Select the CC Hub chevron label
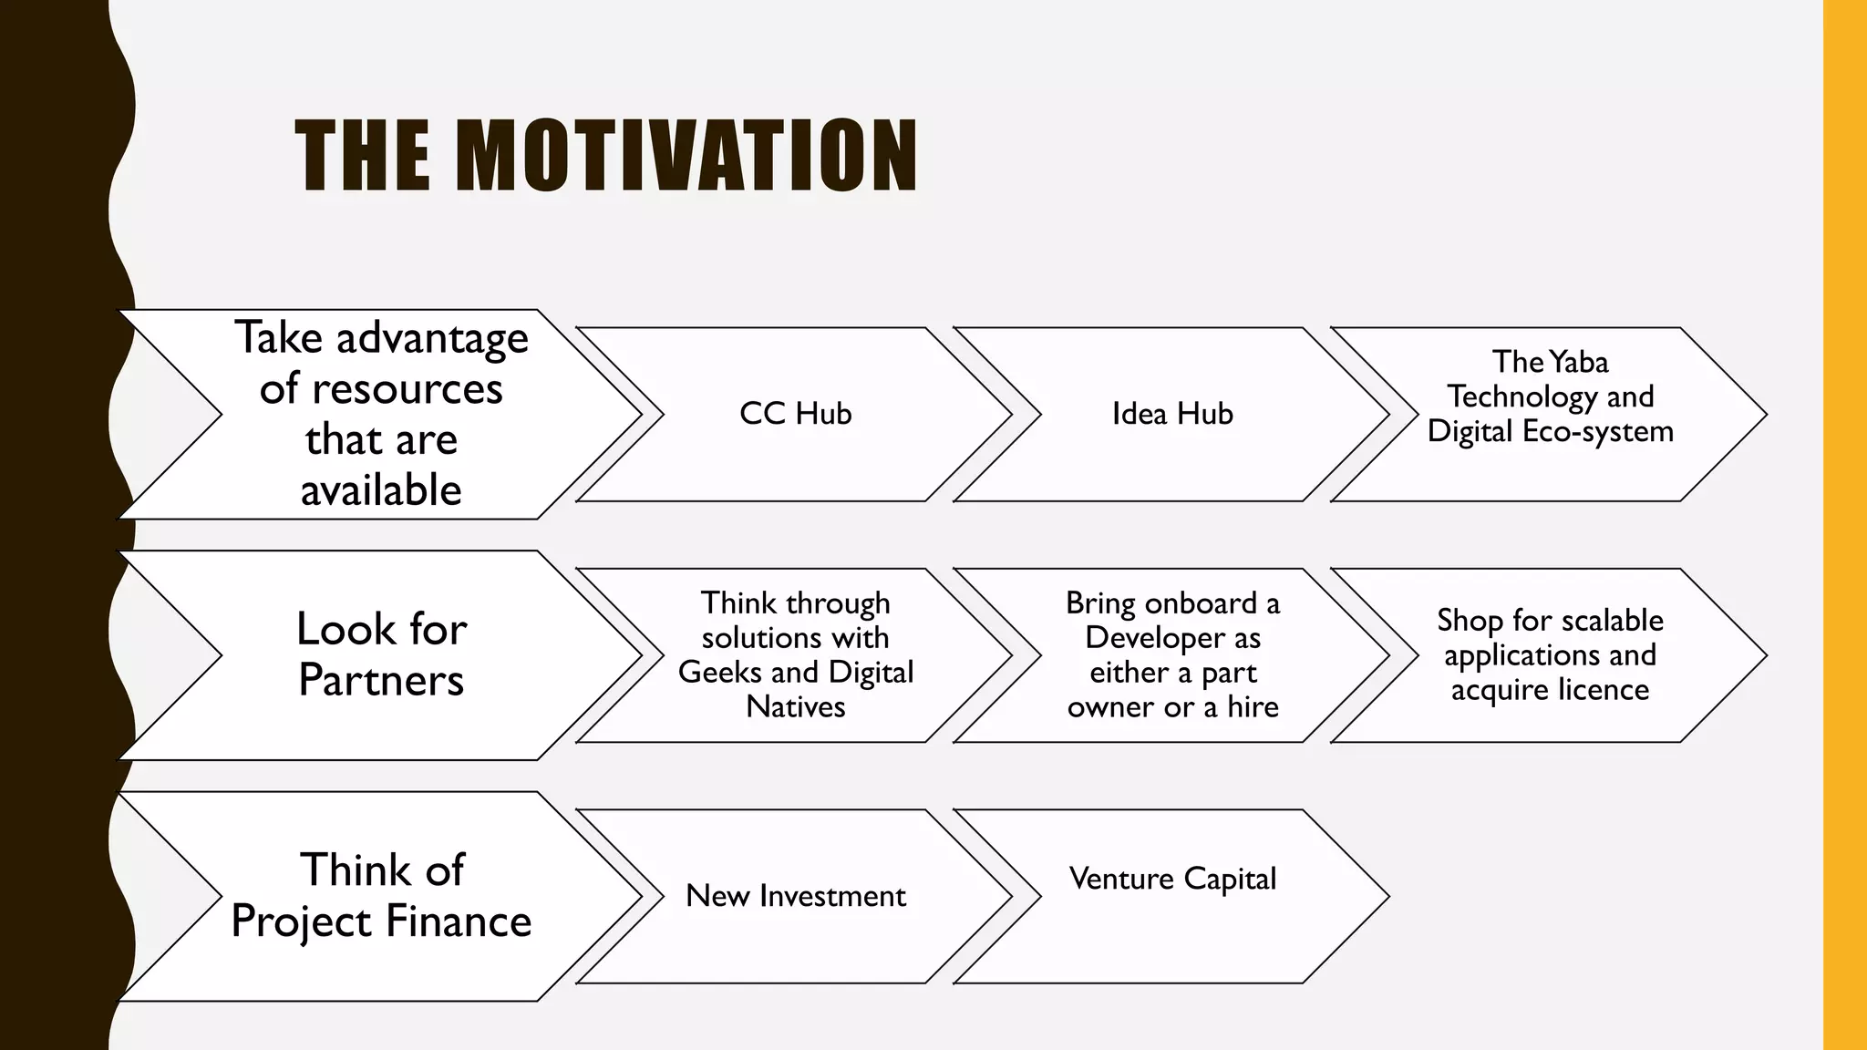[x=795, y=414]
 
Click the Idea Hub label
[x=1172, y=414]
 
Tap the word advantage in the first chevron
[x=432, y=339]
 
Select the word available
[x=381, y=490]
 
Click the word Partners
[x=381, y=680]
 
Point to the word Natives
[x=795, y=707]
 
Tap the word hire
[x=1253, y=707]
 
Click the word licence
[x=1603, y=690]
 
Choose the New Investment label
[x=795, y=896]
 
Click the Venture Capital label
[x=1172, y=879]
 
